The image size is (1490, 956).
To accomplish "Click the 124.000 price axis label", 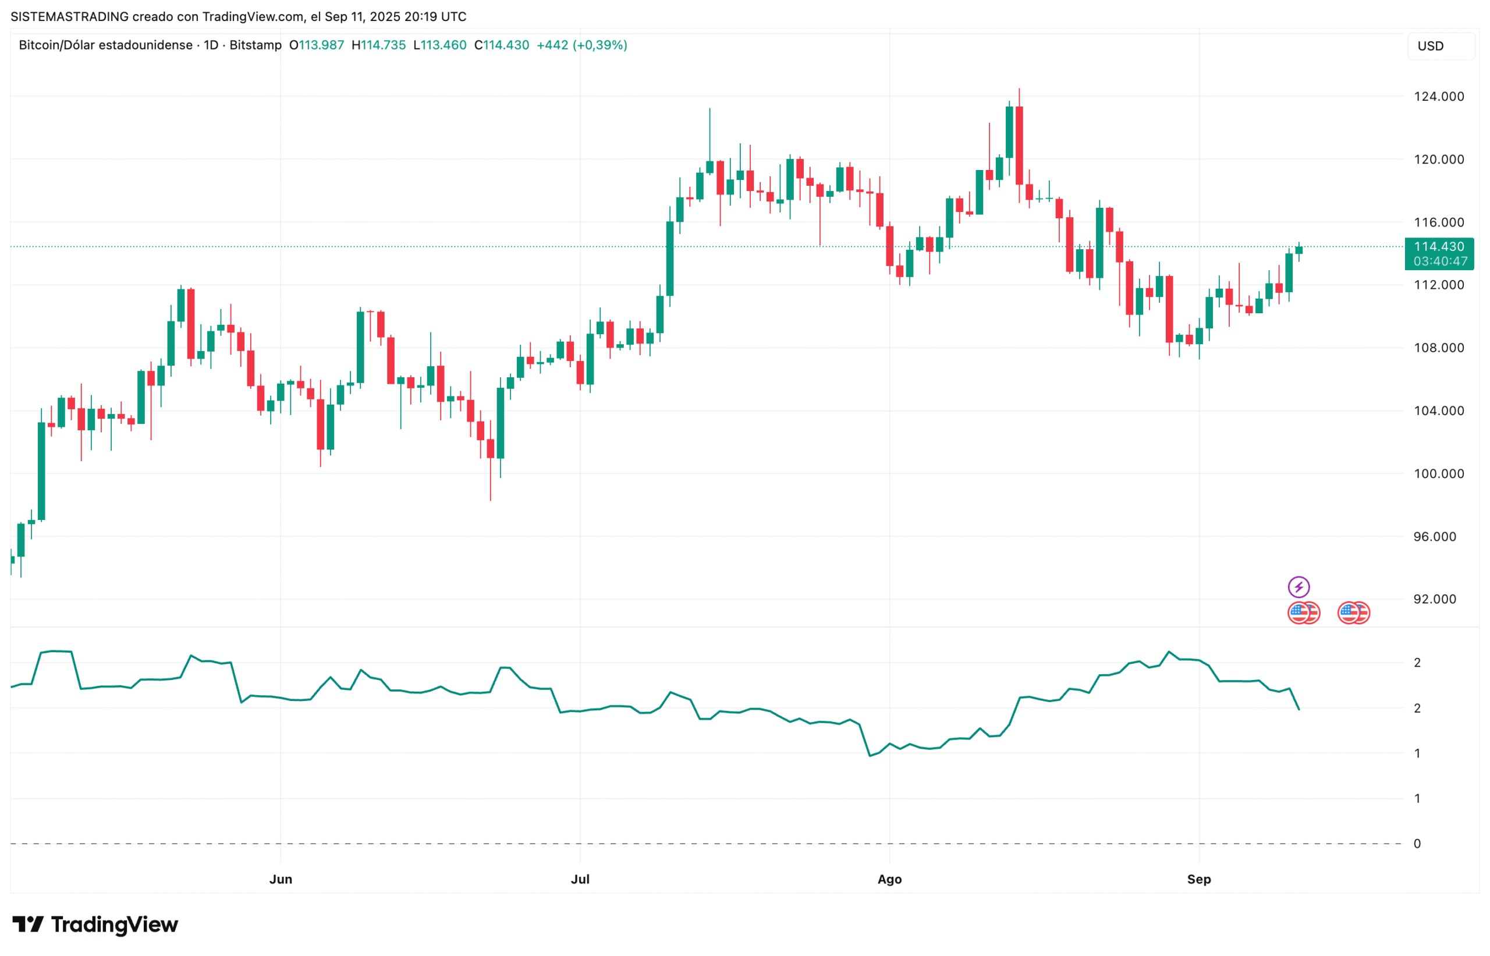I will tap(1439, 96).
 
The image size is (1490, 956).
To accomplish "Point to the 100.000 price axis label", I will tap(1439, 474).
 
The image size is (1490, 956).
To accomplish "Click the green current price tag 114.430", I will tap(1439, 247).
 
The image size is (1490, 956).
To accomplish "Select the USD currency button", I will tap(1431, 46).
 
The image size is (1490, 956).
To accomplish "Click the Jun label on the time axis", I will tap(281, 879).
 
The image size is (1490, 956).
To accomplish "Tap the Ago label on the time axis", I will tap(889, 879).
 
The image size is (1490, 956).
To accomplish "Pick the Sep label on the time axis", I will tap(1198, 879).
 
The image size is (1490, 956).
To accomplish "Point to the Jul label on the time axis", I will tap(580, 879).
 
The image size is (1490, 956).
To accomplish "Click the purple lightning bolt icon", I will tap(1299, 587).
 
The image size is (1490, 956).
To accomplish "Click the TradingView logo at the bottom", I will tap(95, 925).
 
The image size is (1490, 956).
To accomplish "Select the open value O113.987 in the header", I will tap(317, 45).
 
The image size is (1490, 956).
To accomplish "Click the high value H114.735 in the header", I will tap(378, 45).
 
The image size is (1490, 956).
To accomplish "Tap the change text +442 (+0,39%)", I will tap(581, 45).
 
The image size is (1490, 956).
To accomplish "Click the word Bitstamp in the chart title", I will tap(255, 45).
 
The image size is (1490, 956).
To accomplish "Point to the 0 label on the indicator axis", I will tap(1417, 843).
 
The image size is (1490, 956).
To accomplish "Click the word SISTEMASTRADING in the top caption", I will tap(69, 17).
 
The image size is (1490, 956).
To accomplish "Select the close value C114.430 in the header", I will tap(502, 45).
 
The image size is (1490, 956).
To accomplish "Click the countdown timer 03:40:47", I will tap(1440, 261).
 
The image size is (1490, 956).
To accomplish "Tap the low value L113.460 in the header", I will tap(439, 45).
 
